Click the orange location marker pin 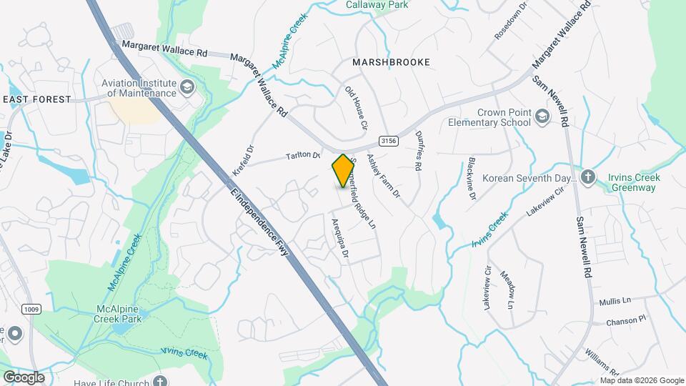click(x=343, y=170)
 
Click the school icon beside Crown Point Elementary click(x=543, y=117)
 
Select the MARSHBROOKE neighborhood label click(x=391, y=62)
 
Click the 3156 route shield click(x=388, y=141)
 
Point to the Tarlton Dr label click(x=303, y=154)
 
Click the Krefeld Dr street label click(x=243, y=153)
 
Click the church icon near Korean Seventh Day click(x=588, y=177)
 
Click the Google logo click(x=23, y=377)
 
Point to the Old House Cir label click(x=356, y=108)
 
